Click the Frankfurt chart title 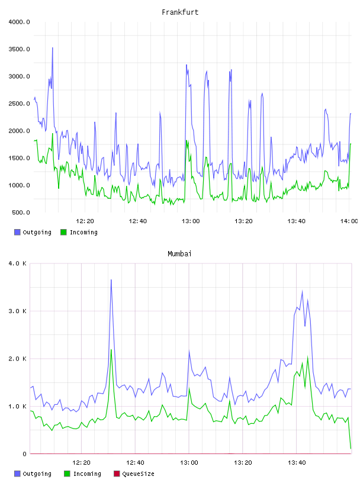180,12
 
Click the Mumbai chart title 179,254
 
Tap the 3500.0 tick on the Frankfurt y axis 19,49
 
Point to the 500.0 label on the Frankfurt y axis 21,212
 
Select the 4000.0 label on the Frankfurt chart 19,22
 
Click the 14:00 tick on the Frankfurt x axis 349,221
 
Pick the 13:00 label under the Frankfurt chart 191,221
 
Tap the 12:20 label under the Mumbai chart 81,462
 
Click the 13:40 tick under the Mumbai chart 297,462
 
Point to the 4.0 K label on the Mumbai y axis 18,263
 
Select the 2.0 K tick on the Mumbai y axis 18,359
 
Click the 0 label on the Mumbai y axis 24,454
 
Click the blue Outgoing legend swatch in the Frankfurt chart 17,232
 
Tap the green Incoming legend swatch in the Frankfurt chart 63,232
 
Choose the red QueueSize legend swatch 117,474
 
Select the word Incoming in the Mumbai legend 87,474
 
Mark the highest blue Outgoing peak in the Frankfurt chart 52,48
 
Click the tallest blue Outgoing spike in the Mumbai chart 111,280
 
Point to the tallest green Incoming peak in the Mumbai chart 111,350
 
